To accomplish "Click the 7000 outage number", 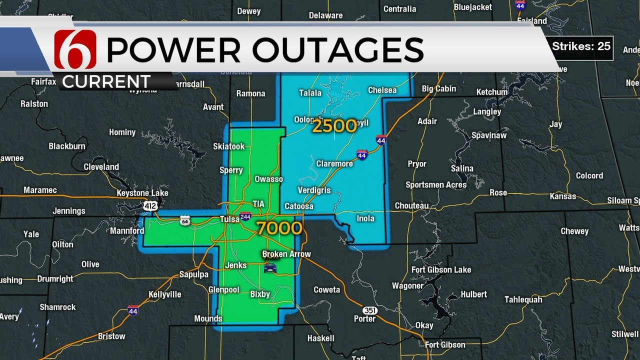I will point(279,228).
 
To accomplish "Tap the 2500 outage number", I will point(334,126).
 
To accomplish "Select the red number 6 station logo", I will point(75,49).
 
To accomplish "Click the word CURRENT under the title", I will point(106,81).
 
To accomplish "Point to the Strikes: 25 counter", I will point(581,46).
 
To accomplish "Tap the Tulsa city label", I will point(230,219).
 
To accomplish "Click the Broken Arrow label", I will point(286,254).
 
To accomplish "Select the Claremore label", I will point(334,163).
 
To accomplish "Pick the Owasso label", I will point(268,179).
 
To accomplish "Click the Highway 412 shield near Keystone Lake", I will point(149,205).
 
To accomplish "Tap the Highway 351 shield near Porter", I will point(369,310).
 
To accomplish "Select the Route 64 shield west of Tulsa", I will point(185,221).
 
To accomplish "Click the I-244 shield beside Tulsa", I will point(245,216).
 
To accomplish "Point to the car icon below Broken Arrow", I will point(270,268).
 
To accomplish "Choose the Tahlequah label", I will point(523,299).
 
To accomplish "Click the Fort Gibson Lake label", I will point(441,270).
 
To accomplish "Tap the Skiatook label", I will point(229,146).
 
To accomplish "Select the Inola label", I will point(365,218).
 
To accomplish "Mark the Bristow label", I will point(111,336).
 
